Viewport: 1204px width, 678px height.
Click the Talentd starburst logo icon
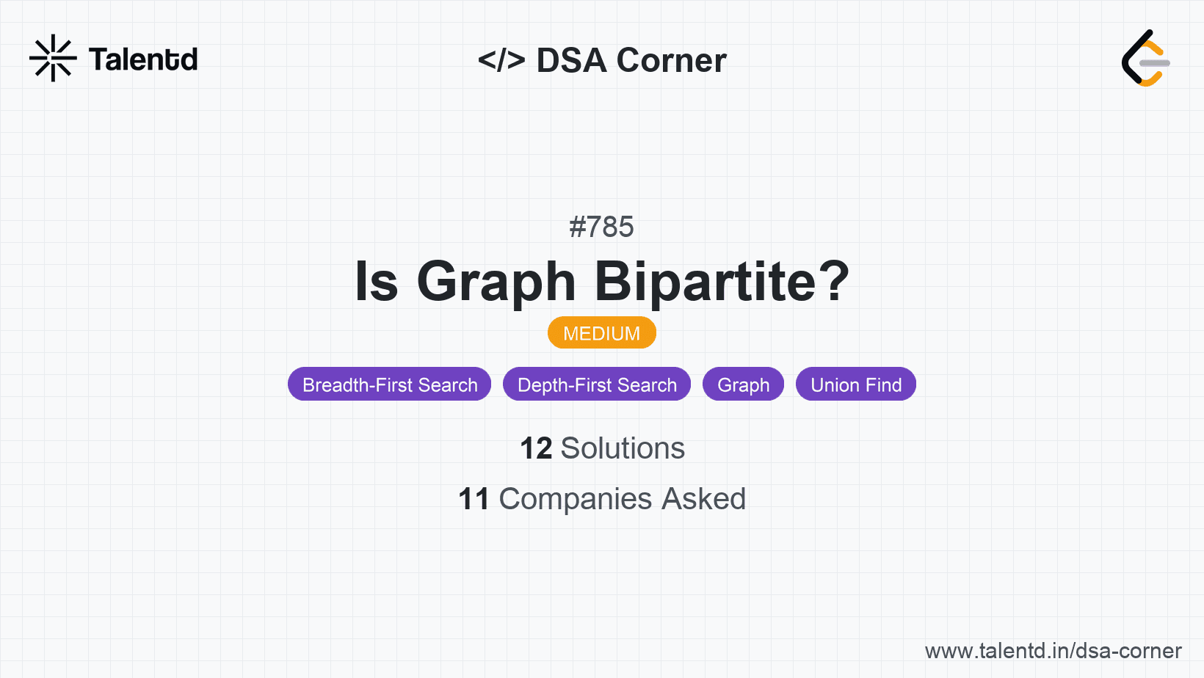pos(53,58)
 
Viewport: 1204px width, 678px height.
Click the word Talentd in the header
pos(143,59)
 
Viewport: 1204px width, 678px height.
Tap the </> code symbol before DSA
pos(501,60)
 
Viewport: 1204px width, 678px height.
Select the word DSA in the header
pos(571,60)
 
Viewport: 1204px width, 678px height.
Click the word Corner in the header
pos(671,60)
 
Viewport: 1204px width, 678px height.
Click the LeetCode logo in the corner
pos(1145,58)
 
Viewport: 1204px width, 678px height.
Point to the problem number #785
pos(601,227)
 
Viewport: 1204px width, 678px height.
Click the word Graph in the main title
pos(496,282)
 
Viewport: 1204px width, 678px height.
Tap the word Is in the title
pos(376,282)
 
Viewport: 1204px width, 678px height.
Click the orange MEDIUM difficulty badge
pos(601,333)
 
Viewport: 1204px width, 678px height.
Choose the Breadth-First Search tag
pos(390,384)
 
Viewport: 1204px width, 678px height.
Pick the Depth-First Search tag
pos(597,384)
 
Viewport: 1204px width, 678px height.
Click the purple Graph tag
pos(743,384)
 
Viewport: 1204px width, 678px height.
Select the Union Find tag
pos(856,384)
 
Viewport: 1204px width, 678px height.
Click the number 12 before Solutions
pos(536,448)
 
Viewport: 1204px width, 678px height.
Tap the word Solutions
pos(623,448)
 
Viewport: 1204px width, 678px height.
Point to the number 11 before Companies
pos(474,499)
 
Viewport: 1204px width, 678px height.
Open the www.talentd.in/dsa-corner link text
pos(1053,651)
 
